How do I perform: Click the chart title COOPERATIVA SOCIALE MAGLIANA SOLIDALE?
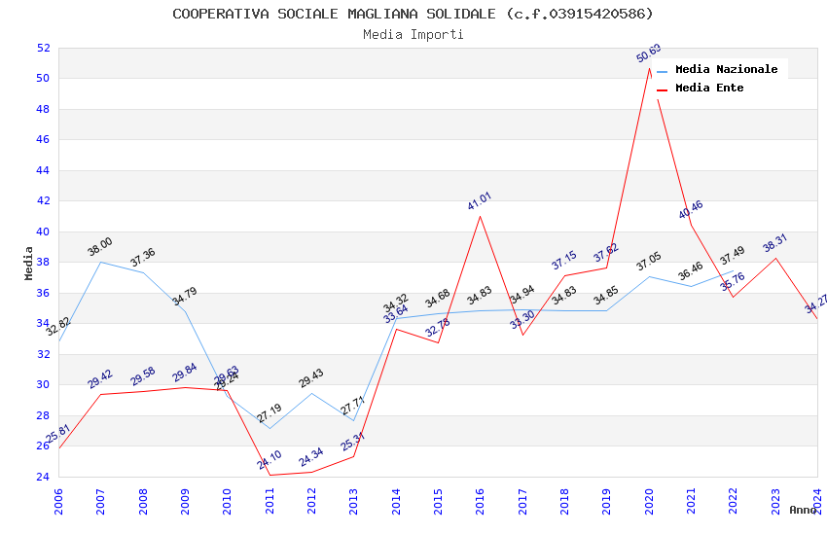[x=413, y=14]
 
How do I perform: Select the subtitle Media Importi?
[x=413, y=34]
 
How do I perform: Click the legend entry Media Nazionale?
[x=726, y=69]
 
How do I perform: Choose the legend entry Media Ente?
[x=708, y=88]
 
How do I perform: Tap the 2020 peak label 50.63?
[x=649, y=53]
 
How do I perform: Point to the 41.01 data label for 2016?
[x=480, y=201]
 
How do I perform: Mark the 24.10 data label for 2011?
[x=270, y=460]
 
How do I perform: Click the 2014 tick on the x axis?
[x=396, y=500]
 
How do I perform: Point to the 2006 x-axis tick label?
[x=58, y=500]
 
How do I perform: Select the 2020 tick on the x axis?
[x=649, y=500]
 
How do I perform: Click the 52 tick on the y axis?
[x=43, y=48]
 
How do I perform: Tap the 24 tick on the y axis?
[x=43, y=477]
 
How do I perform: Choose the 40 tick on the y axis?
[x=43, y=232]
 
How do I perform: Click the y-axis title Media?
[x=28, y=263]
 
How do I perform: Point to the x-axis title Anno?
[x=803, y=510]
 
